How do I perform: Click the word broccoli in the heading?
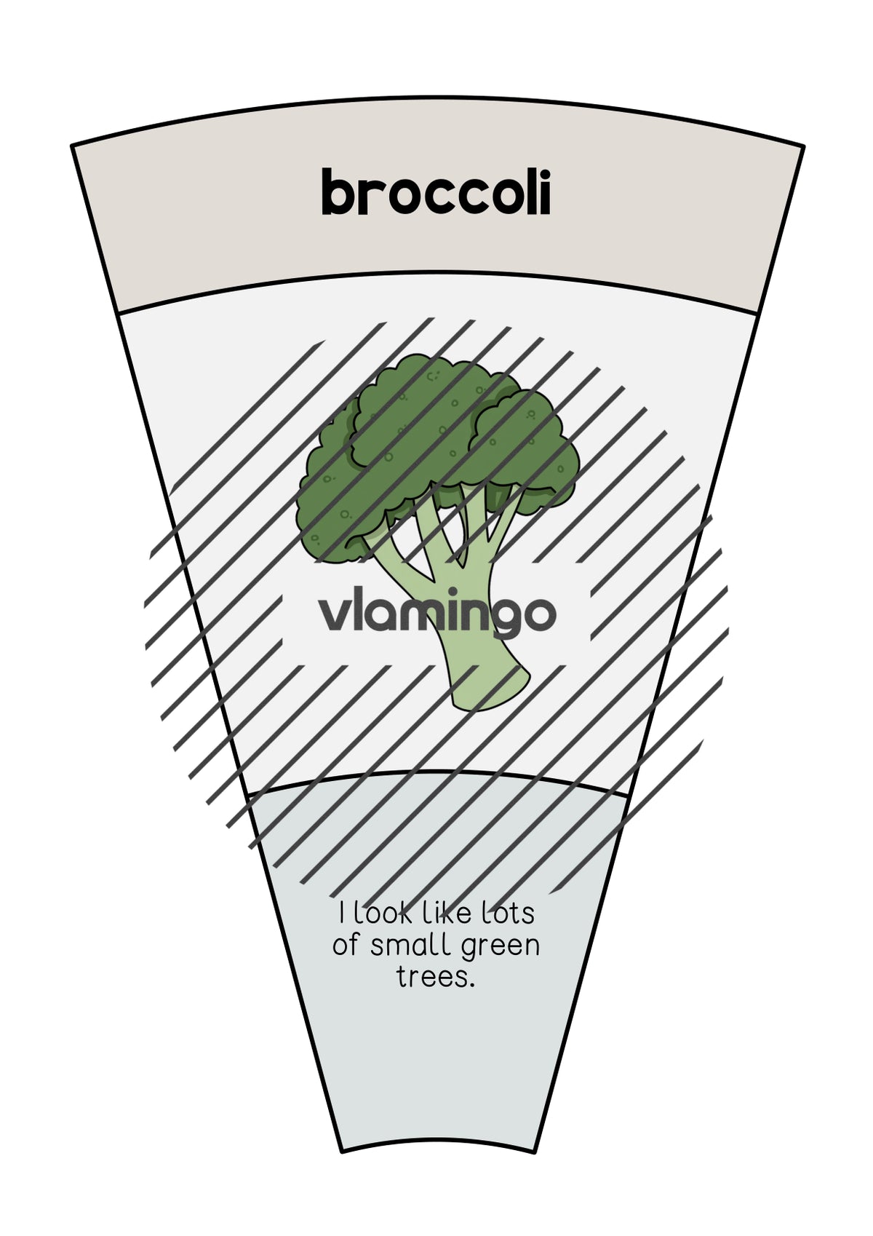coord(436,192)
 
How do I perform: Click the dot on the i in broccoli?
coord(544,173)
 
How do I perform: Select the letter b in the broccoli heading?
coord(338,192)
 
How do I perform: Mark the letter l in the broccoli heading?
coord(529,192)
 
